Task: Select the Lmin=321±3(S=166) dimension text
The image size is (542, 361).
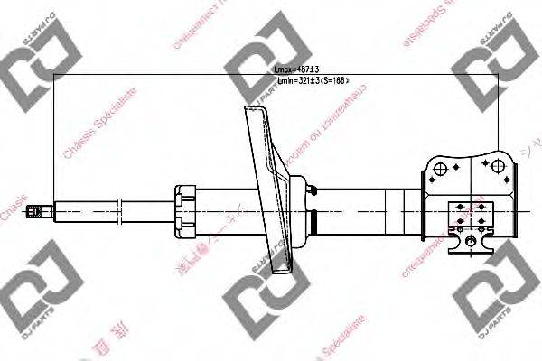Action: coord(311,81)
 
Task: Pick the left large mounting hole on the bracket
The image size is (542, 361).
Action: coord(439,168)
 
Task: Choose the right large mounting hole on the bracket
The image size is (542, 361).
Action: coord(496,165)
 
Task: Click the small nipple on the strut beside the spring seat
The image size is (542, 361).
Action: coord(312,190)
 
